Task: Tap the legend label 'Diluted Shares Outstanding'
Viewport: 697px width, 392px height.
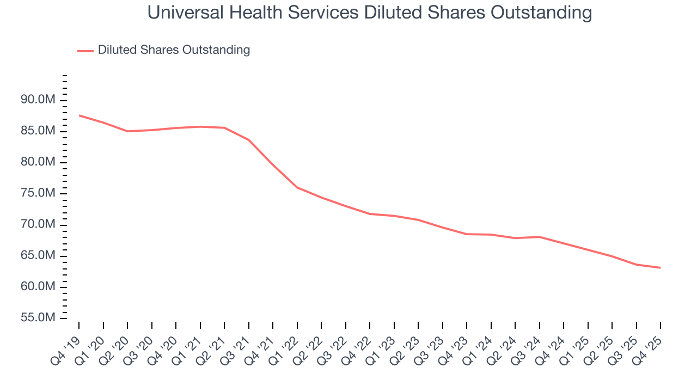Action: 174,50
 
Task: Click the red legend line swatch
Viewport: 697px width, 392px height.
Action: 85,51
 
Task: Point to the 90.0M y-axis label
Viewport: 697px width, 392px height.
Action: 38,100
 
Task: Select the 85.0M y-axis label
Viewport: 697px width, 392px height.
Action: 38,131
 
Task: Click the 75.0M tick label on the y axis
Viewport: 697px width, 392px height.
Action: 38,194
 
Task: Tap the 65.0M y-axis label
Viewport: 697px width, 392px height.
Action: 38,256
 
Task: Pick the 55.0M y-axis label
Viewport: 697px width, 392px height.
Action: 38,318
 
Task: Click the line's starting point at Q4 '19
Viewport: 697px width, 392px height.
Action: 79,115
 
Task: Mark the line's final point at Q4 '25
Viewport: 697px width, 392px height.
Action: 661,268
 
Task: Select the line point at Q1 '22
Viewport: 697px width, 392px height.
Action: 297,187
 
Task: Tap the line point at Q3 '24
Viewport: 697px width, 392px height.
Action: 540,237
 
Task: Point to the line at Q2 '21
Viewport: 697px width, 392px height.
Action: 224,128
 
